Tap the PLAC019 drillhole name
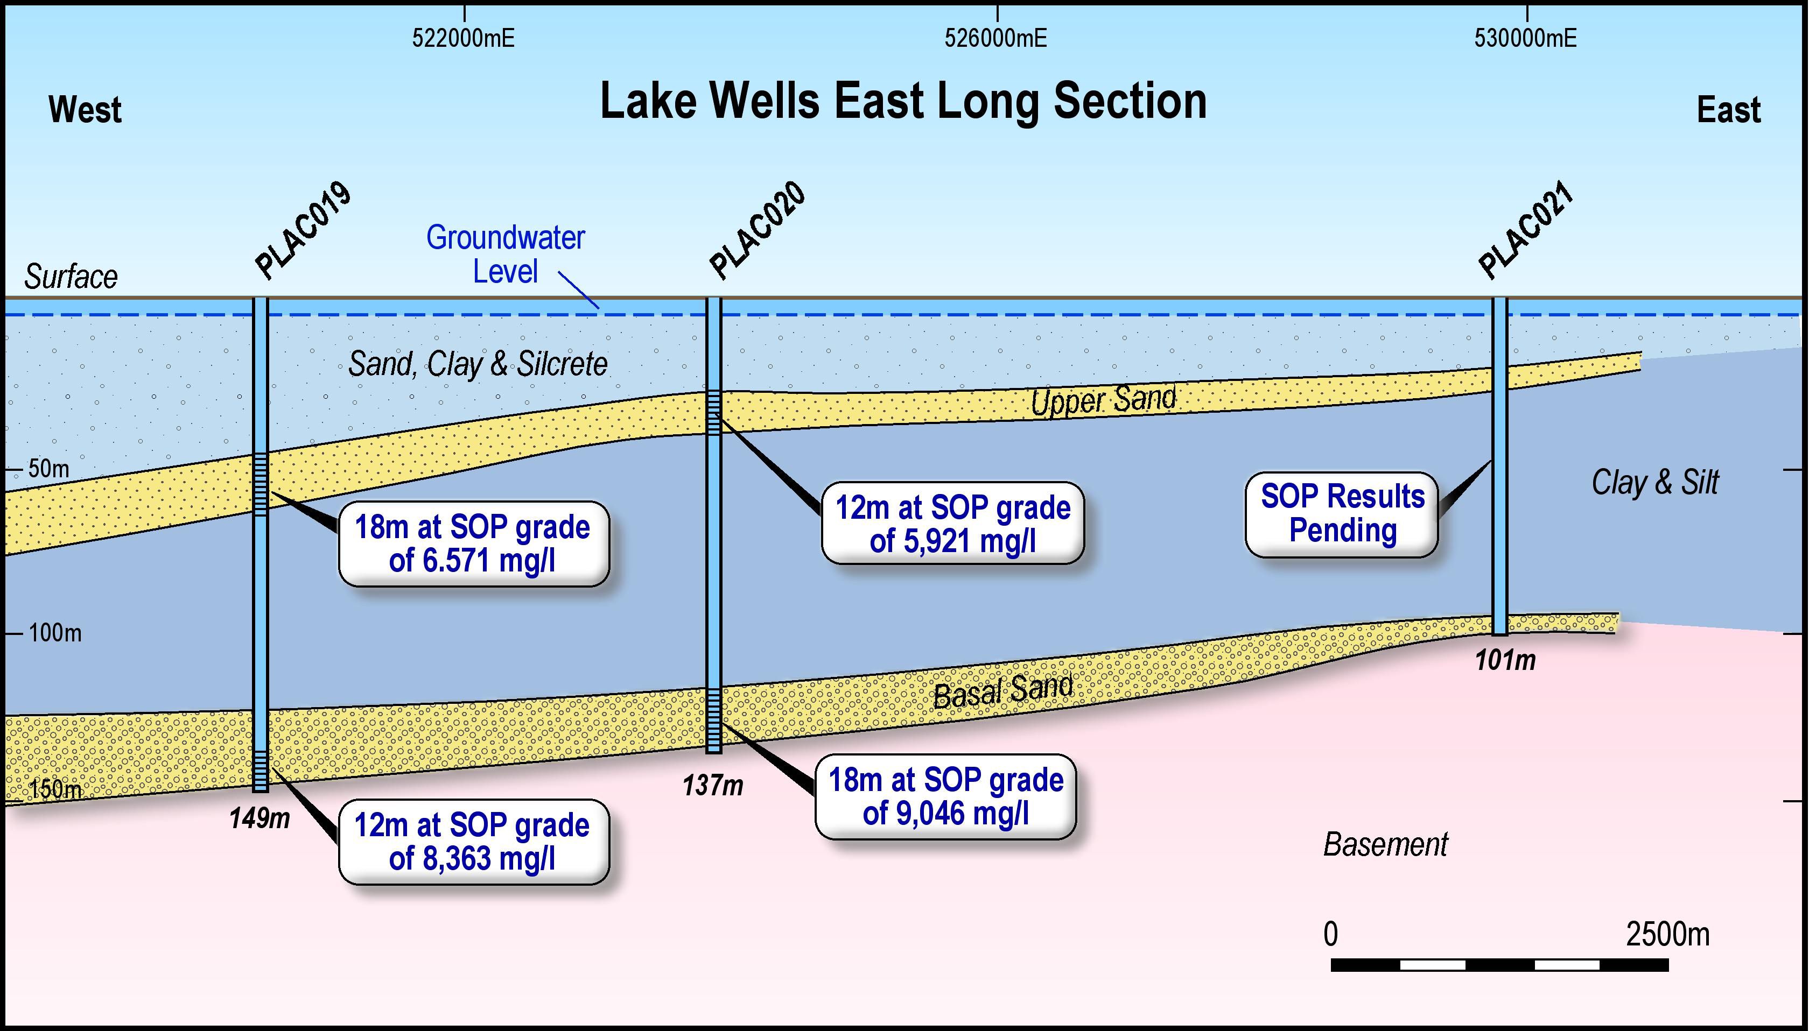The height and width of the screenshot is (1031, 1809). [303, 230]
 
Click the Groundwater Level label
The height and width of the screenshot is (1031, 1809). [505, 254]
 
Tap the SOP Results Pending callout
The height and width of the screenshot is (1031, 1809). [1342, 513]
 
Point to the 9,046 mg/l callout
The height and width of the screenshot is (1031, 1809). [945, 796]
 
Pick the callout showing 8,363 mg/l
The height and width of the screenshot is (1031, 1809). [473, 842]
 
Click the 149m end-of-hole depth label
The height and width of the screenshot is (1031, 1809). [260, 818]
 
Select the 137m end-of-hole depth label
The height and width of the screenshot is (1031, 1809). [712, 785]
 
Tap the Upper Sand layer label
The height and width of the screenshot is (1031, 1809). [1103, 400]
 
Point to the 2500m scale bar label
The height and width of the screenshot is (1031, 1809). [1667, 935]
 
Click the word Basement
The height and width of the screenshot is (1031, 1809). [1385, 844]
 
